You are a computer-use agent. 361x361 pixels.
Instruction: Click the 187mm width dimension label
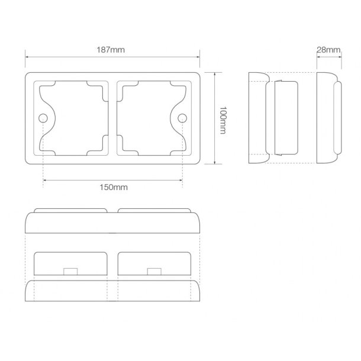(x=111, y=50)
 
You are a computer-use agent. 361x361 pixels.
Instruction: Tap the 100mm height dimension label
(x=223, y=120)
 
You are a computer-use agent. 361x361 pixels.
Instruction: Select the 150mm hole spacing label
(x=114, y=187)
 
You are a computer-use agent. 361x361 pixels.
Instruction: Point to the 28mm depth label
(x=328, y=50)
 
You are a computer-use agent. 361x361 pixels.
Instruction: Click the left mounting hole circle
(x=43, y=118)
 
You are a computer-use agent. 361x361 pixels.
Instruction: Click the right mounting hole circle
(x=182, y=118)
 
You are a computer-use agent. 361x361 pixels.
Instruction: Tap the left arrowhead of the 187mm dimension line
(x=27, y=57)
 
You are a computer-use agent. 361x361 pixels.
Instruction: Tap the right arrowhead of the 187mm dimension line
(x=198, y=57)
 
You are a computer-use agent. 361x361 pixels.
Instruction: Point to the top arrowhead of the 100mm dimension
(x=215, y=74)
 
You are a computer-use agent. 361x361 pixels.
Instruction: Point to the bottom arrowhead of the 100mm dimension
(x=215, y=162)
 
